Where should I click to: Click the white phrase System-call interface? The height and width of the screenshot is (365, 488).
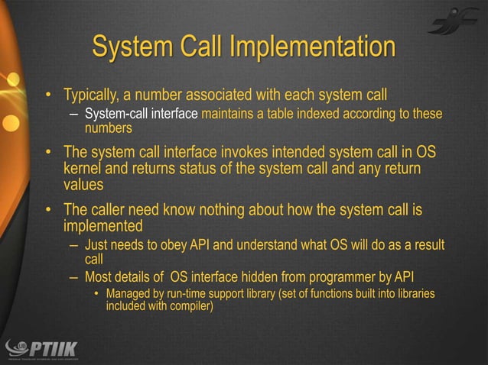pyautogui.click(x=141, y=115)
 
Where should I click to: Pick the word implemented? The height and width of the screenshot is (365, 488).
pyautogui.click(x=103, y=226)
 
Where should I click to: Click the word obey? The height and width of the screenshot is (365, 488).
pyautogui.click(x=179, y=245)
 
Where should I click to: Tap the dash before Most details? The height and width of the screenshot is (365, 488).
pyautogui.click(x=73, y=276)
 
